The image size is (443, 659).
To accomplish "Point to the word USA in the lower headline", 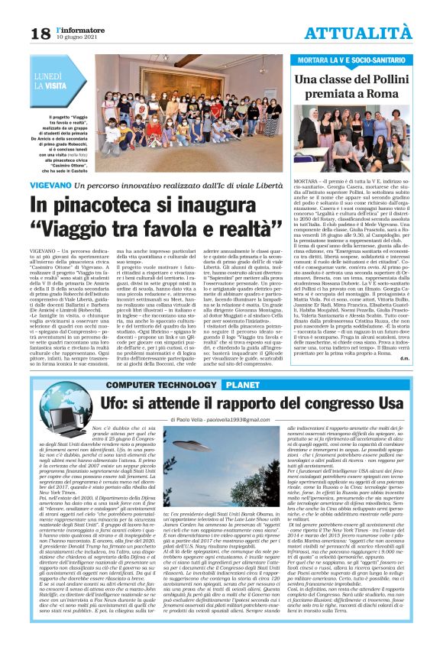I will click(387, 402).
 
